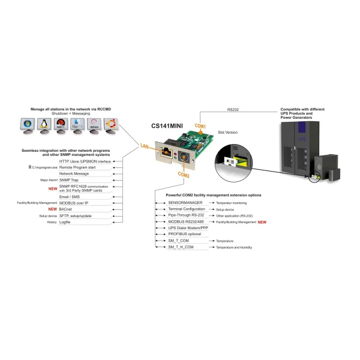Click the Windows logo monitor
26,125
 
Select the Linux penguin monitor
43,125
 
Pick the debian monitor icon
94,125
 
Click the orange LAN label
145,146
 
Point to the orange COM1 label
200,126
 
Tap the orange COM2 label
184,175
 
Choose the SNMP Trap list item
69,179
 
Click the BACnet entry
66,209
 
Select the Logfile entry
65,222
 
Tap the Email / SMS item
70,196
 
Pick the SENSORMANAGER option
185,203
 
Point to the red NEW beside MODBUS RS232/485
262,222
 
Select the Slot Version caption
227,132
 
